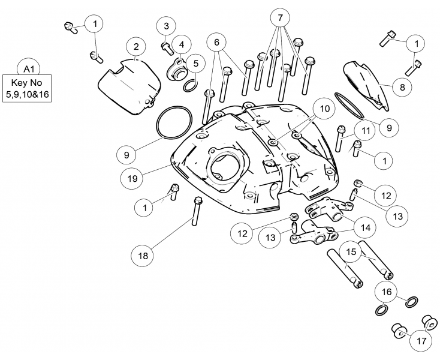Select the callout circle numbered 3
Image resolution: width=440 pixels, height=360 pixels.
pyautogui.click(x=167, y=26)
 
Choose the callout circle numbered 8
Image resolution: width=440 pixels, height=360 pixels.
pyautogui.click(x=401, y=86)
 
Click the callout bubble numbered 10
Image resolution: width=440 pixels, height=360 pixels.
pyautogui.click(x=324, y=109)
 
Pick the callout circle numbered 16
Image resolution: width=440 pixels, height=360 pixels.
pyautogui.click(x=385, y=292)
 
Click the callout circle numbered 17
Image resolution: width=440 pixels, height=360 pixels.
pyautogui.click(x=420, y=340)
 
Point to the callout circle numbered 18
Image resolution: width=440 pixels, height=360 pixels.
pyautogui.click(x=143, y=256)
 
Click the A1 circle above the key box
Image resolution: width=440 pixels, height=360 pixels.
pyautogui.click(x=28, y=67)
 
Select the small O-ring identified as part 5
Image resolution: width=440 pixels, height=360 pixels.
pyautogui.click(x=188, y=85)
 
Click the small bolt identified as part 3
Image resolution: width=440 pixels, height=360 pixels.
pyautogui.click(x=165, y=44)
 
